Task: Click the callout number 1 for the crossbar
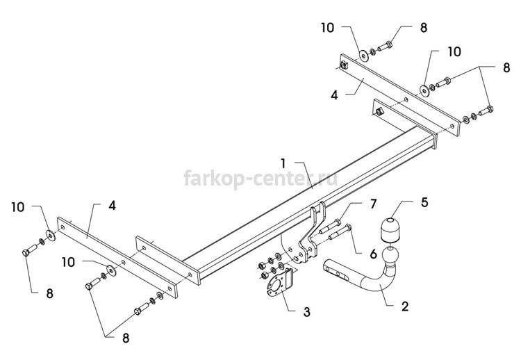pos(283,163)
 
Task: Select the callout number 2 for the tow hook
pos(405,306)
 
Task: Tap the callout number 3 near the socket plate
pos(306,312)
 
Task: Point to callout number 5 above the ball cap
pos(424,202)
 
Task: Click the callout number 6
pos(374,254)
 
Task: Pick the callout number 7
pos(374,204)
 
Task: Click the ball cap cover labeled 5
pos(390,229)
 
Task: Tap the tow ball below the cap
pos(390,256)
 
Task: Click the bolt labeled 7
pos(330,226)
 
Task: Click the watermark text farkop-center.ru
pos(260,179)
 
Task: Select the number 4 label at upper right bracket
pos(334,95)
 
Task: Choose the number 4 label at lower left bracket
pos(113,206)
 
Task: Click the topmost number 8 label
pos(424,28)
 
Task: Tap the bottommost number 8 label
pos(126,338)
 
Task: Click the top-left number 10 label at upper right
pos(328,28)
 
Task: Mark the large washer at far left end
pos(51,236)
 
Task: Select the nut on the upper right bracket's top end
pos(344,65)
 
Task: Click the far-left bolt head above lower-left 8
pos(26,252)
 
